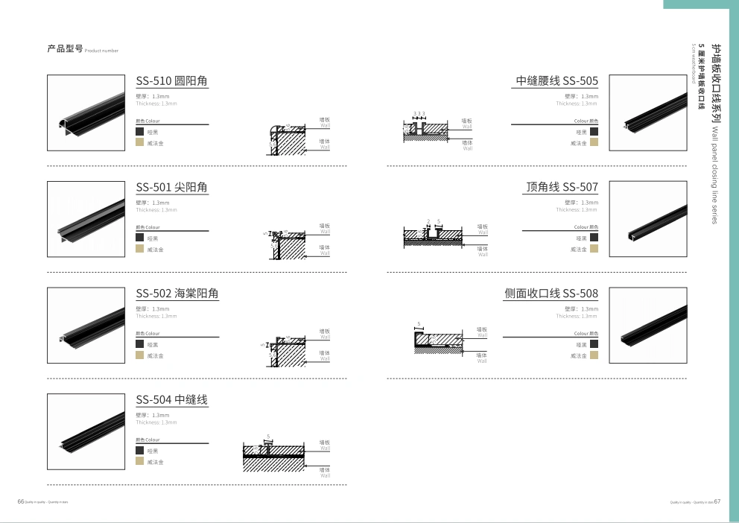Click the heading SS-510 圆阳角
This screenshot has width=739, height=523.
click(172, 81)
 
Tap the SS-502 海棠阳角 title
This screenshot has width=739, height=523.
click(177, 294)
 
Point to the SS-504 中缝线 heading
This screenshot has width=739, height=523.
click(171, 400)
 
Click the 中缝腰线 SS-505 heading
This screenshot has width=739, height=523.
click(556, 81)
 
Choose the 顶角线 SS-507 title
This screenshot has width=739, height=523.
click(562, 187)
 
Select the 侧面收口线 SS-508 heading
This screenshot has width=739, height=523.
click(551, 294)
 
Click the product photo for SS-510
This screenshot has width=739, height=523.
click(86, 112)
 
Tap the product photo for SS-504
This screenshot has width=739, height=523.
click(86, 431)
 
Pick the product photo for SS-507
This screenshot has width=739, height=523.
click(647, 218)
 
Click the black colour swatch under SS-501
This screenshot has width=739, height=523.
click(139, 238)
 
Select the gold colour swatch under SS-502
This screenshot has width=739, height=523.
click(139, 355)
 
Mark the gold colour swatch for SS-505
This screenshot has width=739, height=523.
click(594, 142)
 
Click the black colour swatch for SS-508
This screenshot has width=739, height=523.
click(594, 344)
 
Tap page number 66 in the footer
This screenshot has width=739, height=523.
click(21, 501)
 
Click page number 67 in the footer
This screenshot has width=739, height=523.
click(717, 501)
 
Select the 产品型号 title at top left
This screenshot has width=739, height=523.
click(64, 49)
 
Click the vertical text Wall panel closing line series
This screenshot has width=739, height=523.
click(714, 175)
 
